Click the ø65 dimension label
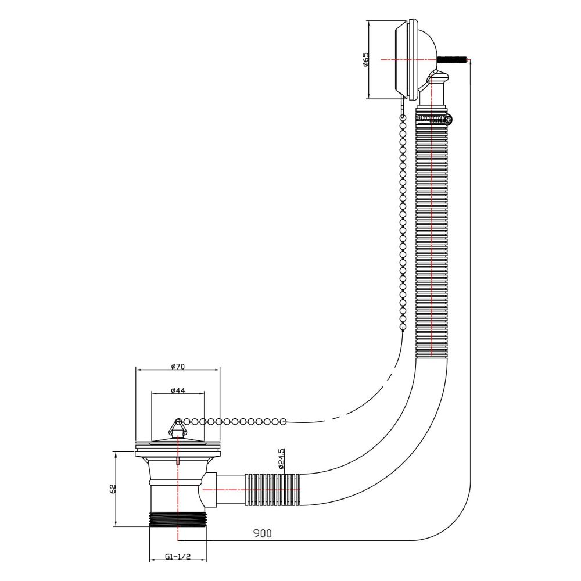tap(365, 59)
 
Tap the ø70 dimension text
tap(178, 367)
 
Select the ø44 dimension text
tap(178, 390)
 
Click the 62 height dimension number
tap(113, 489)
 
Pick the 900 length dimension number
tap(263, 533)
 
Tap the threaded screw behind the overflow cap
tap(452, 59)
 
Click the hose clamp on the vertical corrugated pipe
tap(434, 119)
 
